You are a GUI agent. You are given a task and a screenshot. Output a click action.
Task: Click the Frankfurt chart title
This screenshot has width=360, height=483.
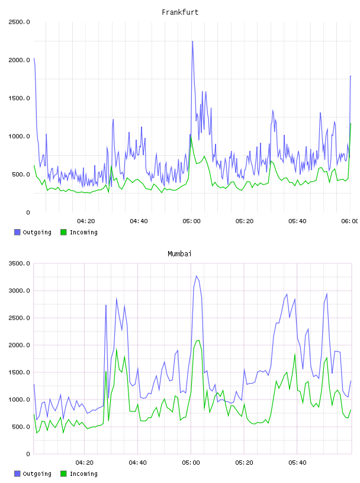180,12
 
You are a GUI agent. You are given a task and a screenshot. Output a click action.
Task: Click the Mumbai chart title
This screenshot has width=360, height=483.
179,254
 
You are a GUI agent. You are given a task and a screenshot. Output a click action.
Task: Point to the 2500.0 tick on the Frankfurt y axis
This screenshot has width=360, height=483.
19,22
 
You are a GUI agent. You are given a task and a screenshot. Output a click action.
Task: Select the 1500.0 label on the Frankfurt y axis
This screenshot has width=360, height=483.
19,98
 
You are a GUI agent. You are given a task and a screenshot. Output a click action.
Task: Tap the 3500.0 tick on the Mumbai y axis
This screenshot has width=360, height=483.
19,263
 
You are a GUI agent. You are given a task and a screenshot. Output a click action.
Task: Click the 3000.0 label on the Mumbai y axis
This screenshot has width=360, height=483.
19,291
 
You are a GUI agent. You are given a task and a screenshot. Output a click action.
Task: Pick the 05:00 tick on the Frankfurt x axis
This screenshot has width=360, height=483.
191,221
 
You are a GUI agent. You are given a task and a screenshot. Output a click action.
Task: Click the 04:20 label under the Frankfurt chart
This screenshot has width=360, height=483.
86,221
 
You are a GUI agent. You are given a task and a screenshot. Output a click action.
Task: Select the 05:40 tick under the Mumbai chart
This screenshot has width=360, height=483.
297,463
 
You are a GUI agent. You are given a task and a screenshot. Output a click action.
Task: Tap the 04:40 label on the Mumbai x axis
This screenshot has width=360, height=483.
138,463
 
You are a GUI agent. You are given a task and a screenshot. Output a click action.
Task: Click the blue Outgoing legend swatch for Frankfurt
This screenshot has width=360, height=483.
17,232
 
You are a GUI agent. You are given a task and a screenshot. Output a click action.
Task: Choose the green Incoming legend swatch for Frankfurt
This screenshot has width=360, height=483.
63,232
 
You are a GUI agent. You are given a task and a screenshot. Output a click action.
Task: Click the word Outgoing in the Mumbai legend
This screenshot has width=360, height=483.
37,474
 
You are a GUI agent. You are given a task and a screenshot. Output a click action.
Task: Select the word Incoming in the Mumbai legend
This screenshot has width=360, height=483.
83,474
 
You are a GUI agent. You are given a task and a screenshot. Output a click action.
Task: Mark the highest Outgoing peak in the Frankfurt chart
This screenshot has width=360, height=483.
192,41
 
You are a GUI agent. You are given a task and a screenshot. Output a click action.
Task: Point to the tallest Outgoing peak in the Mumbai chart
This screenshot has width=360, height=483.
197,276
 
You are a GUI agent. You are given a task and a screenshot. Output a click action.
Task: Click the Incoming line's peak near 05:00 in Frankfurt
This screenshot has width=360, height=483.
191,135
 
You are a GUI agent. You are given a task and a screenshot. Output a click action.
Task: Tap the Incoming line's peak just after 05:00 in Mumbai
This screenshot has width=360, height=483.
199,340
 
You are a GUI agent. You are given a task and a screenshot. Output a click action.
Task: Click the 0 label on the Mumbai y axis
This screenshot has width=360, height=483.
28,454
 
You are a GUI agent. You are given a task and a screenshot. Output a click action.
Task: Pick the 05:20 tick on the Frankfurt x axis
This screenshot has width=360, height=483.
245,221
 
